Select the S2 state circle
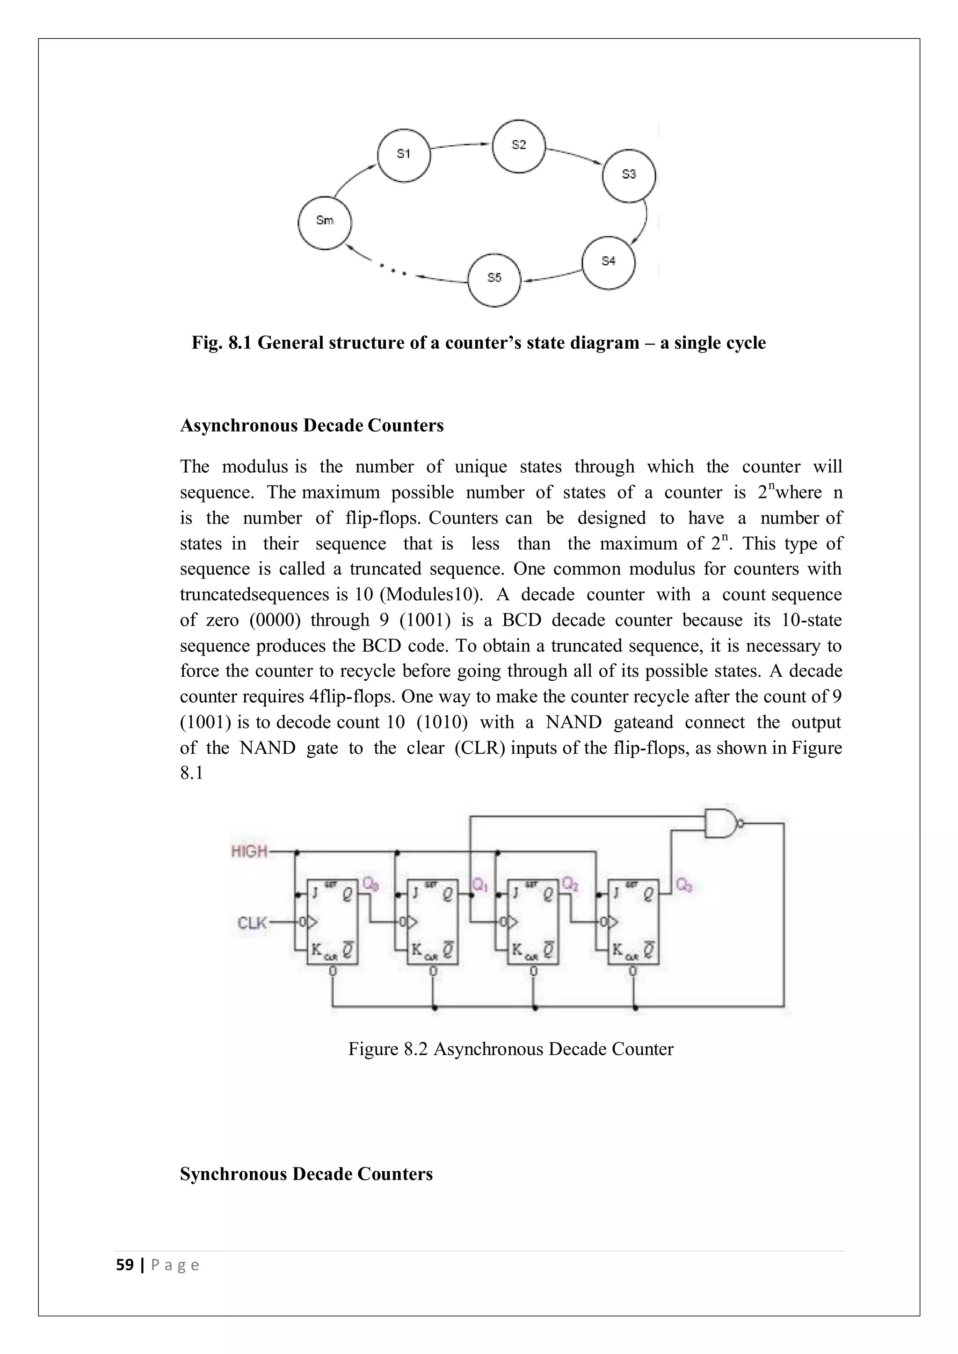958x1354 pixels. (x=518, y=146)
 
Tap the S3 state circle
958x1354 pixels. (x=628, y=175)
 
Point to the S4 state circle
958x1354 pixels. (x=608, y=262)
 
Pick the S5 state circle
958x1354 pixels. (x=494, y=280)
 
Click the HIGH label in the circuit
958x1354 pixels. (x=249, y=851)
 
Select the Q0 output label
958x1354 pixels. (x=370, y=883)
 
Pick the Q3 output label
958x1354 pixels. (x=684, y=885)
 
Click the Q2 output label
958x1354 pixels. (x=570, y=883)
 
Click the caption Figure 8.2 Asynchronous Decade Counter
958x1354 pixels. (x=510, y=1049)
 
